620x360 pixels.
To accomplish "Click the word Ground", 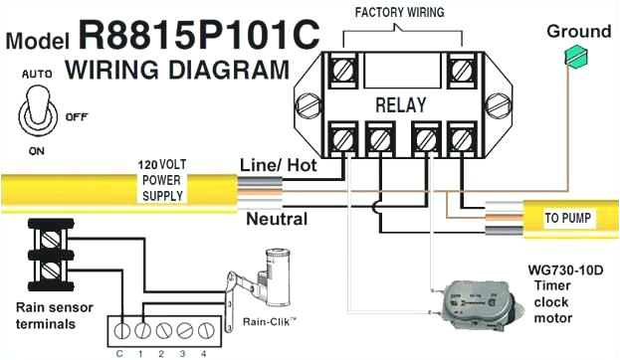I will point(578,31).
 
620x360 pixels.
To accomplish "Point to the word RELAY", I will point(401,103).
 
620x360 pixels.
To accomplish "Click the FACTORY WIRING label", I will point(401,13).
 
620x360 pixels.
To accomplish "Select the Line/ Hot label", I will point(278,166).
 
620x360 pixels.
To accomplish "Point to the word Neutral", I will point(276,219).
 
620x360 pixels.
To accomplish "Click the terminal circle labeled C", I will point(120,326).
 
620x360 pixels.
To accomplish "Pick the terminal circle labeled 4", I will point(205,326).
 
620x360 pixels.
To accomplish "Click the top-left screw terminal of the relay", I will point(344,72).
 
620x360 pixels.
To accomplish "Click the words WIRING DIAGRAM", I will point(178,70).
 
